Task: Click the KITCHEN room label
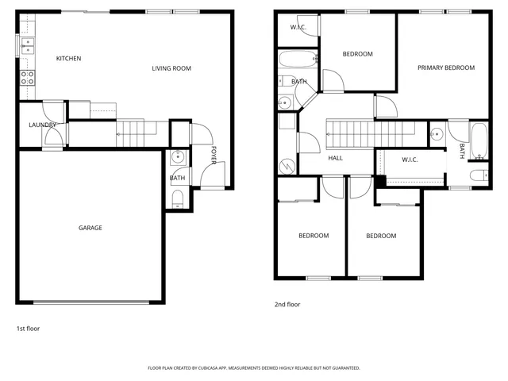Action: click(68, 59)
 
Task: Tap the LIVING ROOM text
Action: click(171, 68)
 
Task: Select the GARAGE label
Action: click(90, 228)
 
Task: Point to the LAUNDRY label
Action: click(40, 125)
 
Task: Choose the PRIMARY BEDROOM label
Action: click(446, 68)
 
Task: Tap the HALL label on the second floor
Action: click(336, 159)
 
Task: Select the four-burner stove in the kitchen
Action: click(27, 78)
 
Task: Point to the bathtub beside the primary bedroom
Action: click(479, 140)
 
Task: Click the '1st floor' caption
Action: click(28, 328)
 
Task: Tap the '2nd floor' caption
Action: click(287, 304)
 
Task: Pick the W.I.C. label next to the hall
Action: click(410, 160)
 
